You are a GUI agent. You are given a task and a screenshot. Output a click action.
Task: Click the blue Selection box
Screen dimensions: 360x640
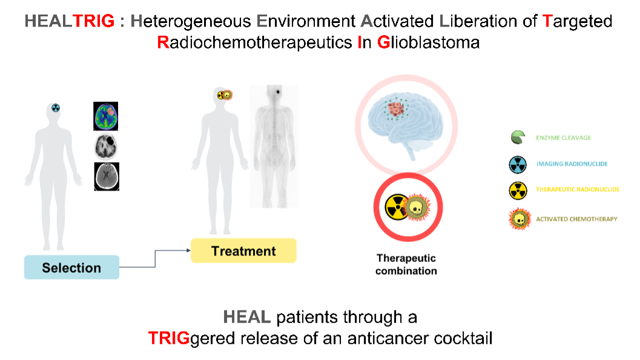point(71,267)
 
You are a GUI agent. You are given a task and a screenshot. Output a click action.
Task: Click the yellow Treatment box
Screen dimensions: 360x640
point(243,250)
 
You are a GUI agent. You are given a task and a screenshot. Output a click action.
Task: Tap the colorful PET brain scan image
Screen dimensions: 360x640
point(106,116)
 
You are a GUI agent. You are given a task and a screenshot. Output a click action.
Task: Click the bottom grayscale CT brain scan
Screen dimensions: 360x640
point(107,177)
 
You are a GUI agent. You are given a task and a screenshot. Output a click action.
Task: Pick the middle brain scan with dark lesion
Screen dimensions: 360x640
point(106,146)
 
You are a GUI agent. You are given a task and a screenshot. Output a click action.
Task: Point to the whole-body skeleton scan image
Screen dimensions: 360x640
point(279,145)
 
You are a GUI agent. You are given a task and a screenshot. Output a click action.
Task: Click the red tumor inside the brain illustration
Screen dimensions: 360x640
point(397,110)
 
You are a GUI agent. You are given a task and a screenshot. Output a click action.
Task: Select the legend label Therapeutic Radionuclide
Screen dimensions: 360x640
point(578,190)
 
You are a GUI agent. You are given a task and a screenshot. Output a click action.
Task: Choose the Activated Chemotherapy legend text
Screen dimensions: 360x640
point(576,218)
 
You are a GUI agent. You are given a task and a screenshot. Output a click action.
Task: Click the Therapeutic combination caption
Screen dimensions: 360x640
point(406,264)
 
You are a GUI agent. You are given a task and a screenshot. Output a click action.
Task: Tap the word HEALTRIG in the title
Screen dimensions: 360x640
point(70,22)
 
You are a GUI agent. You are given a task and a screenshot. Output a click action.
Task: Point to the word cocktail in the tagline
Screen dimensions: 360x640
point(463,338)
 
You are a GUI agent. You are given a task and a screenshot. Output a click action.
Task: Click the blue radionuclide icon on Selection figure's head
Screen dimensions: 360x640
point(55,108)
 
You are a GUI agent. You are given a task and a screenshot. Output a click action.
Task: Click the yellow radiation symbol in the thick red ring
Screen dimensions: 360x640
point(396,208)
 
